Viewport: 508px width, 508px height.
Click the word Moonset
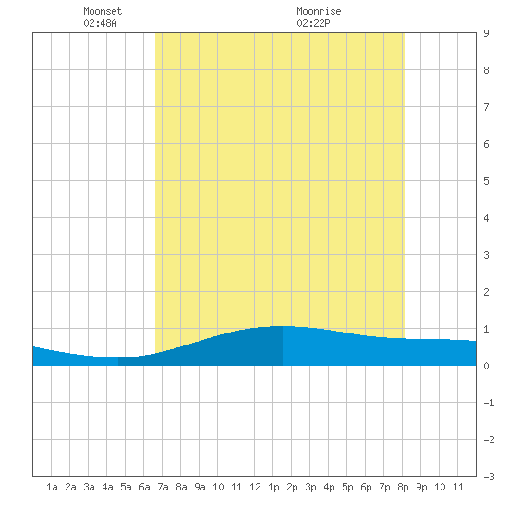[x=103, y=11]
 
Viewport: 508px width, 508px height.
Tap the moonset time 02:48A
[x=100, y=23]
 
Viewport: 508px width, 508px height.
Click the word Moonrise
[x=319, y=11]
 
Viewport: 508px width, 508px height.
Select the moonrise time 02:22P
[x=313, y=23]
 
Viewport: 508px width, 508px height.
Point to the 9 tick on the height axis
[x=486, y=33]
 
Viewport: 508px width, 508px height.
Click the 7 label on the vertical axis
[x=486, y=107]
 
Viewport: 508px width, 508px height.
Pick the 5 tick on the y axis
[x=486, y=181]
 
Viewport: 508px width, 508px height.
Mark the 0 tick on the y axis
[x=486, y=366]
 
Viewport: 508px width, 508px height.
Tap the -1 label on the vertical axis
[x=489, y=403]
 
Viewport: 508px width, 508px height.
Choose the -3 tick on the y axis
[x=489, y=477]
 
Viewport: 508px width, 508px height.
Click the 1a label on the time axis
[x=52, y=487]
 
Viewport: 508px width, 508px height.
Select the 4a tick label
[x=107, y=487]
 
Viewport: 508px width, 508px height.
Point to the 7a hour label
[x=163, y=487]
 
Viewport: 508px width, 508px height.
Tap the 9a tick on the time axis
[x=200, y=487]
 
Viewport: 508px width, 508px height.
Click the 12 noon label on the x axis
[x=255, y=487]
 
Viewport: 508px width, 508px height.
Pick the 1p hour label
[x=273, y=487]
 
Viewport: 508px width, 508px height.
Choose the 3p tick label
[x=310, y=487]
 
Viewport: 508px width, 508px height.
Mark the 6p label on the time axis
[x=366, y=487]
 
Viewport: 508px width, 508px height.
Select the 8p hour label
[x=403, y=487]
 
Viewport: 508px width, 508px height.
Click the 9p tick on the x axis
[x=421, y=487]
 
